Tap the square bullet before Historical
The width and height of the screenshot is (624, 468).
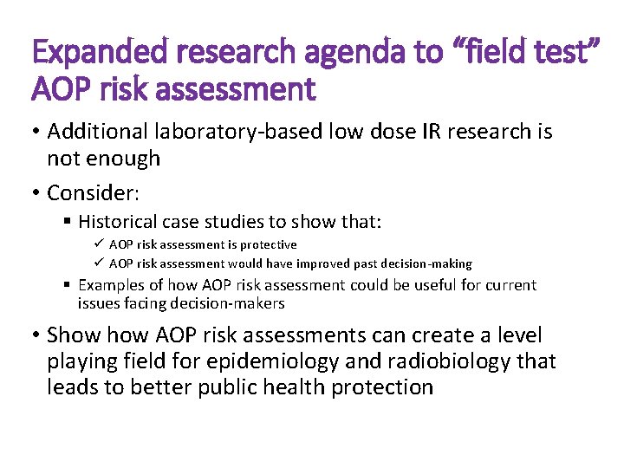68,222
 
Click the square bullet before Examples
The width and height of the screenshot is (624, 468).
68,285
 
